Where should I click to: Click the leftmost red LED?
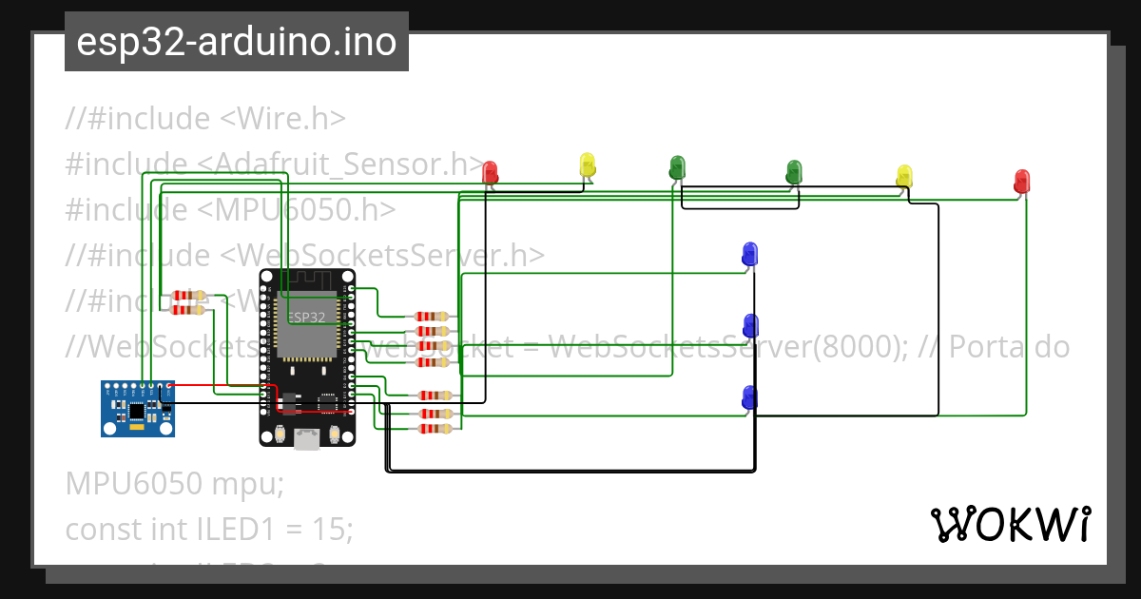pyautogui.click(x=490, y=172)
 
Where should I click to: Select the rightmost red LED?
pyautogui.click(x=1021, y=181)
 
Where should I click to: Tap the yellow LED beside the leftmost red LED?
pyautogui.click(x=588, y=164)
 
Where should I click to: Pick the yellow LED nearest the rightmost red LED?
pyautogui.click(x=904, y=176)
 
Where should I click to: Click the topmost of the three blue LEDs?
pyautogui.click(x=749, y=254)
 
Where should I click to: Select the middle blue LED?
pyautogui.click(x=750, y=326)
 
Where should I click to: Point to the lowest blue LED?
pyautogui.click(x=749, y=398)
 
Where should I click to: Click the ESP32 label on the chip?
pyautogui.click(x=306, y=317)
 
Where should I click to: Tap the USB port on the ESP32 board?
pyautogui.click(x=307, y=438)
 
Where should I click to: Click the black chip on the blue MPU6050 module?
pyautogui.click(x=138, y=411)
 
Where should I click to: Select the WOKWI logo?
pyautogui.click(x=1010, y=524)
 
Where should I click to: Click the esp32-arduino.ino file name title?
pyautogui.click(x=237, y=42)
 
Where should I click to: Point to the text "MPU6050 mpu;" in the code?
pyautogui.click(x=175, y=484)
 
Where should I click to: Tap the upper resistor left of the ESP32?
pyautogui.click(x=188, y=296)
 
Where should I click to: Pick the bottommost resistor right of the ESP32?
pyautogui.click(x=433, y=429)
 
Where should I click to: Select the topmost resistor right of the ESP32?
pyautogui.click(x=433, y=316)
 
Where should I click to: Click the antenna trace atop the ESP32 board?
pyautogui.click(x=307, y=280)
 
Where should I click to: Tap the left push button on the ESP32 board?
pyautogui.click(x=280, y=435)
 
